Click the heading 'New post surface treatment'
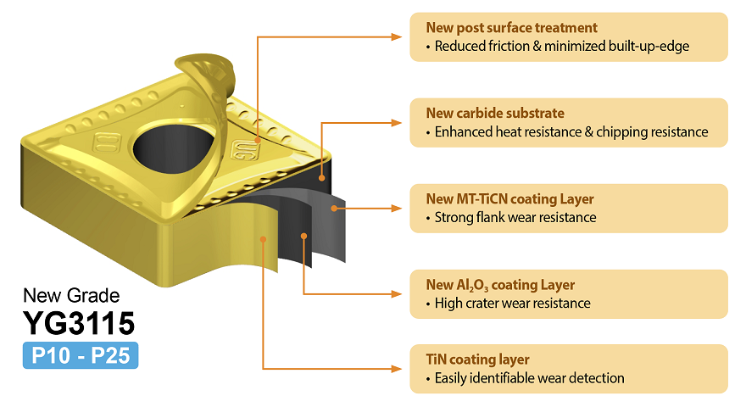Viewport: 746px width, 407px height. tap(511, 28)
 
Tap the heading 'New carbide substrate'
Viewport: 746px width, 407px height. tap(495, 114)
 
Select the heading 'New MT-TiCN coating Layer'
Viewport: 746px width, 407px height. tap(509, 199)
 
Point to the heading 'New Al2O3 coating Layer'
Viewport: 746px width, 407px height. tap(500, 285)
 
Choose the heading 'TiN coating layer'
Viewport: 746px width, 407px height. tap(477, 360)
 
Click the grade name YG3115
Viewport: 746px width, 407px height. tap(79, 323)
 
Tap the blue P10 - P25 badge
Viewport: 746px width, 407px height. tap(81, 355)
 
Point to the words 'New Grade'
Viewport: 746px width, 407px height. tap(71, 296)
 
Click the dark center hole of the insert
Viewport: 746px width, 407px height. tap(172, 148)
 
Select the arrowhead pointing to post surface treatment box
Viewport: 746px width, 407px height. tap(397, 36)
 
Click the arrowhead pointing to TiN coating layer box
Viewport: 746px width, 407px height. tap(397, 369)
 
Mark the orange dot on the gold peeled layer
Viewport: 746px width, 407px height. tap(263, 239)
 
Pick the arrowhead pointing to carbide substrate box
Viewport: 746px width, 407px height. tap(397, 122)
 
